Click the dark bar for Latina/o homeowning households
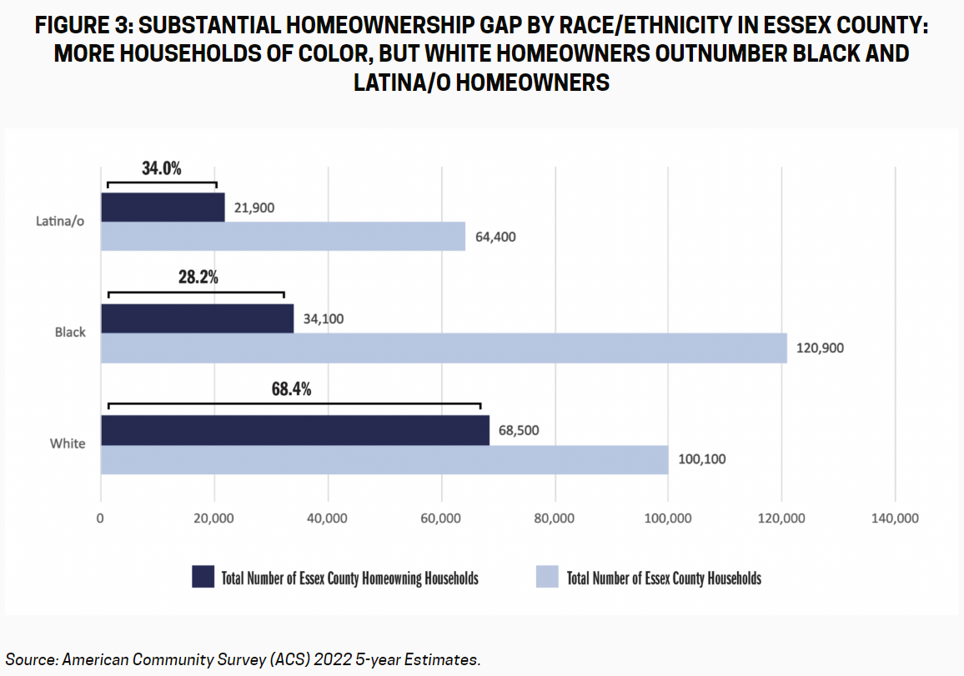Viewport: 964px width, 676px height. [x=163, y=208]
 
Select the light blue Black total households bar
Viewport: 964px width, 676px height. [x=444, y=348]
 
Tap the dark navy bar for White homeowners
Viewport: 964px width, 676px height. [x=295, y=430]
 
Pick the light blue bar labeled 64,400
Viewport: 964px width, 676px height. [x=283, y=236]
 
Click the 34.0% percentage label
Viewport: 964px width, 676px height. [x=161, y=168]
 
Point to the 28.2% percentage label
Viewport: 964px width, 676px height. [x=198, y=278]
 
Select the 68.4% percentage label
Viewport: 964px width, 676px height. [x=291, y=388]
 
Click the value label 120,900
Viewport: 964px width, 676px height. [x=820, y=348]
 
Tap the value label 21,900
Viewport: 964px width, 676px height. [x=254, y=208]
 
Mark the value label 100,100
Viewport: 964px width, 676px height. [x=701, y=458]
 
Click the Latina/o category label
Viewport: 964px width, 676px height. [x=60, y=222]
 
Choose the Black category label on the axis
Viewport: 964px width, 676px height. [x=70, y=332]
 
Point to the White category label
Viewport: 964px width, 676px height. [x=68, y=443]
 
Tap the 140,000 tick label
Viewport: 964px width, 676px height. [x=895, y=518]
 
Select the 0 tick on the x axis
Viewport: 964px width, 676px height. [x=101, y=518]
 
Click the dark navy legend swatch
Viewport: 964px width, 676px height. [x=203, y=577]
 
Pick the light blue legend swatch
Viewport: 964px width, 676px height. [x=546, y=577]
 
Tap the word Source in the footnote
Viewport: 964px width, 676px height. [x=28, y=659]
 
